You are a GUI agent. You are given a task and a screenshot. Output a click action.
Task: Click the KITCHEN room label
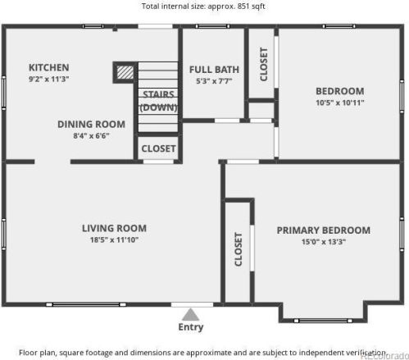(x=49, y=67)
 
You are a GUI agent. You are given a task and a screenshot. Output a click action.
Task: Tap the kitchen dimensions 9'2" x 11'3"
(x=49, y=80)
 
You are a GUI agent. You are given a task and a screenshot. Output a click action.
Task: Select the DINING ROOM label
(x=91, y=125)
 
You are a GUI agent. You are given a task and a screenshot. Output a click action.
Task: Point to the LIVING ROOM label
(x=114, y=228)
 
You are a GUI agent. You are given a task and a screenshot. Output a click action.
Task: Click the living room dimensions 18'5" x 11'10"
(x=114, y=240)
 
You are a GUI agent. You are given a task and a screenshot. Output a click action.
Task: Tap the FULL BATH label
(x=214, y=70)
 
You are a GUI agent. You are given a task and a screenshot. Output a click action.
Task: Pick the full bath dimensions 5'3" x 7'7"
(x=214, y=81)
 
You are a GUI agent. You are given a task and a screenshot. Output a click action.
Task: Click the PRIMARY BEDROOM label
(x=324, y=230)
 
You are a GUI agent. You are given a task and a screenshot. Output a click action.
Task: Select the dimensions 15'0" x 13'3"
(x=324, y=242)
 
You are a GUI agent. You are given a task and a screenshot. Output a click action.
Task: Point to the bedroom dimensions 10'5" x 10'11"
(x=340, y=103)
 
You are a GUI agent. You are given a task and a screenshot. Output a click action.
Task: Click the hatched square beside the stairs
(x=125, y=72)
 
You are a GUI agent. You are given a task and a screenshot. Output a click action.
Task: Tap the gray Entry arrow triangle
(x=190, y=315)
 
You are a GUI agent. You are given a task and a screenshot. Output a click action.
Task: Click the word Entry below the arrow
(x=191, y=327)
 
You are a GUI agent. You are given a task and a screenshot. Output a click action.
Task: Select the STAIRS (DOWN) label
(x=158, y=101)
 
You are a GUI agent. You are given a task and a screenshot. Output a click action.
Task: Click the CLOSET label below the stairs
(x=158, y=148)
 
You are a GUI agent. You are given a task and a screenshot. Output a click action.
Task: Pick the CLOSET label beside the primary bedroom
(x=239, y=249)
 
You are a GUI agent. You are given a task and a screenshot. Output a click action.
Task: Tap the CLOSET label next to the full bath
(x=264, y=65)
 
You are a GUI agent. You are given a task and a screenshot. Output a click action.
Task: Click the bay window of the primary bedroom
(x=323, y=321)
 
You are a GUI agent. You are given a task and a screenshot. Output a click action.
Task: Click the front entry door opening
(x=192, y=304)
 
